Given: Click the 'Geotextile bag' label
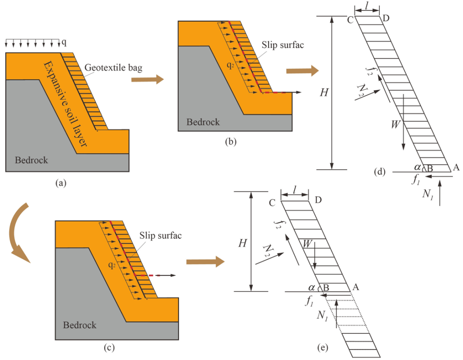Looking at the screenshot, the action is tap(113, 68).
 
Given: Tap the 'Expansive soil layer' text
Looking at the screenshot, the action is tap(66, 104).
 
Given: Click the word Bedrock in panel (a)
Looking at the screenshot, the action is tap(31, 160).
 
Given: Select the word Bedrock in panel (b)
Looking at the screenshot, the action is tap(203, 122).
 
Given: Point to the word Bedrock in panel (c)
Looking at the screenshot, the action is tap(80, 325).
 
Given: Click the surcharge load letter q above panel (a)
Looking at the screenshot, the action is tap(64, 43).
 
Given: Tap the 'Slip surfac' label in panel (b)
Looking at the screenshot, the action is tap(283, 45).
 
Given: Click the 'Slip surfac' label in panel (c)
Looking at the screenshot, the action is tap(160, 235).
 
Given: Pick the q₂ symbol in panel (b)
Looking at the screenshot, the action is tap(231, 66).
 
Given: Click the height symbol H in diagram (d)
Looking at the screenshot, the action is tap(324, 93).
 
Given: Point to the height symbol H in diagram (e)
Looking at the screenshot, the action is tap(242, 243).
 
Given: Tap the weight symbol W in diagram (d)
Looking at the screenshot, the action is tap(396, 125).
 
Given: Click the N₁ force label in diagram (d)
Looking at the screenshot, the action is tap(427, 194).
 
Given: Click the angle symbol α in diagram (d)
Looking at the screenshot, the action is tap(417, 167).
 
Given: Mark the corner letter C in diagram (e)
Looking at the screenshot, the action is tap(272, 203).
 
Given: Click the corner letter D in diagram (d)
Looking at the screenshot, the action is tap(386, 18).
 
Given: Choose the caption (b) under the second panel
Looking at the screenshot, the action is tap(231, 142).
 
